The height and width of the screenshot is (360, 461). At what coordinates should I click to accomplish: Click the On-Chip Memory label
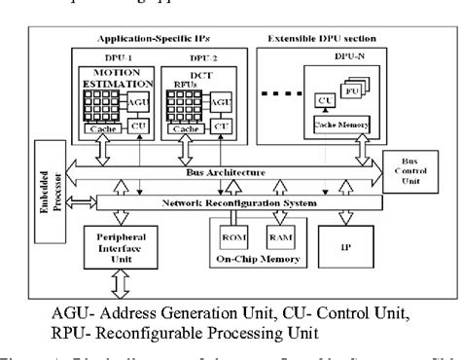point(253,260)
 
